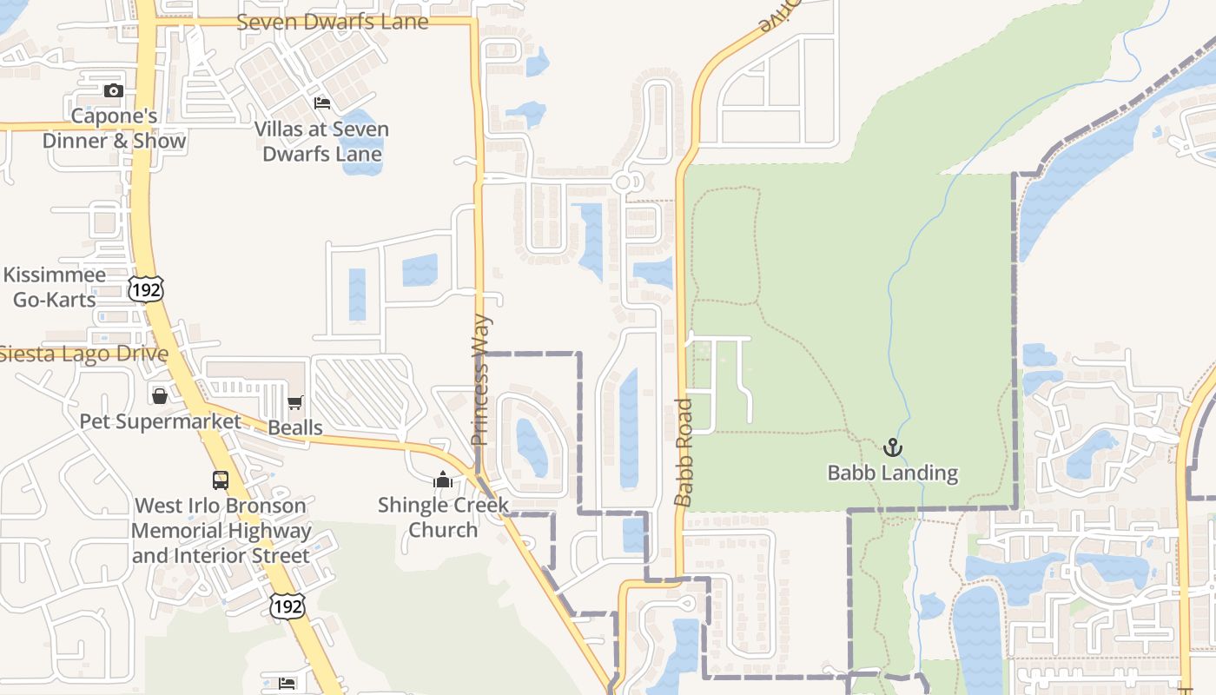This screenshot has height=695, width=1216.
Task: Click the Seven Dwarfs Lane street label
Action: click(x=332, y=22)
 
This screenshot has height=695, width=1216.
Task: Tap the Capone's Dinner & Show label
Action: click(x=114, y=129)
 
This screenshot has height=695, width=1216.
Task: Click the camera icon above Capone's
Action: click(x=113, y=90)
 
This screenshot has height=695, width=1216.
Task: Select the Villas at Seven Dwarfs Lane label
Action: click(x=321, y=142)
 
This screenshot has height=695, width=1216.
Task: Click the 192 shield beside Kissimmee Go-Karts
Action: click(x=145, y=289)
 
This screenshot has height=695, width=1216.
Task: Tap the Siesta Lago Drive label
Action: click(x=83, y=354)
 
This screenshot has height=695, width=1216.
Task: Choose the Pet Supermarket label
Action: click(x=160, y=421)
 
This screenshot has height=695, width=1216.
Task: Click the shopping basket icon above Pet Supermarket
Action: click(x=160, y=396)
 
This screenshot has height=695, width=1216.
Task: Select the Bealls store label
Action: click(x=295, y=427)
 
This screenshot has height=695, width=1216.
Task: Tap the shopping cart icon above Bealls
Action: click(x=295, y=402)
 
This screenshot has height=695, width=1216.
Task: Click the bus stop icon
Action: click(x=221, y=480)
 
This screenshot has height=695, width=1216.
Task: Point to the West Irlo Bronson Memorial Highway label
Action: click(x=221, y=531)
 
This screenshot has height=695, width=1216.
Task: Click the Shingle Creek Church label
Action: click(x=443, y=517)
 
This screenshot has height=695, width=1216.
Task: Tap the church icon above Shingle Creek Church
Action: click(x=443, y=480)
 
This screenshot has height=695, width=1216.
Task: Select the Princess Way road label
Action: click(x=481, y=380)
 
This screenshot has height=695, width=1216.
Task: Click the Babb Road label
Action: click(x=684, y=452)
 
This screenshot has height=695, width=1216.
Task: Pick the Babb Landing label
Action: click(x=892, y=473)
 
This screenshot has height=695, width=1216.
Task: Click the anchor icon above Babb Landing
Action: click(x=892, y=447)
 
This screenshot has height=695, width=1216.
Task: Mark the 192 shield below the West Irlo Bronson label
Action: click(x=287, y=606)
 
